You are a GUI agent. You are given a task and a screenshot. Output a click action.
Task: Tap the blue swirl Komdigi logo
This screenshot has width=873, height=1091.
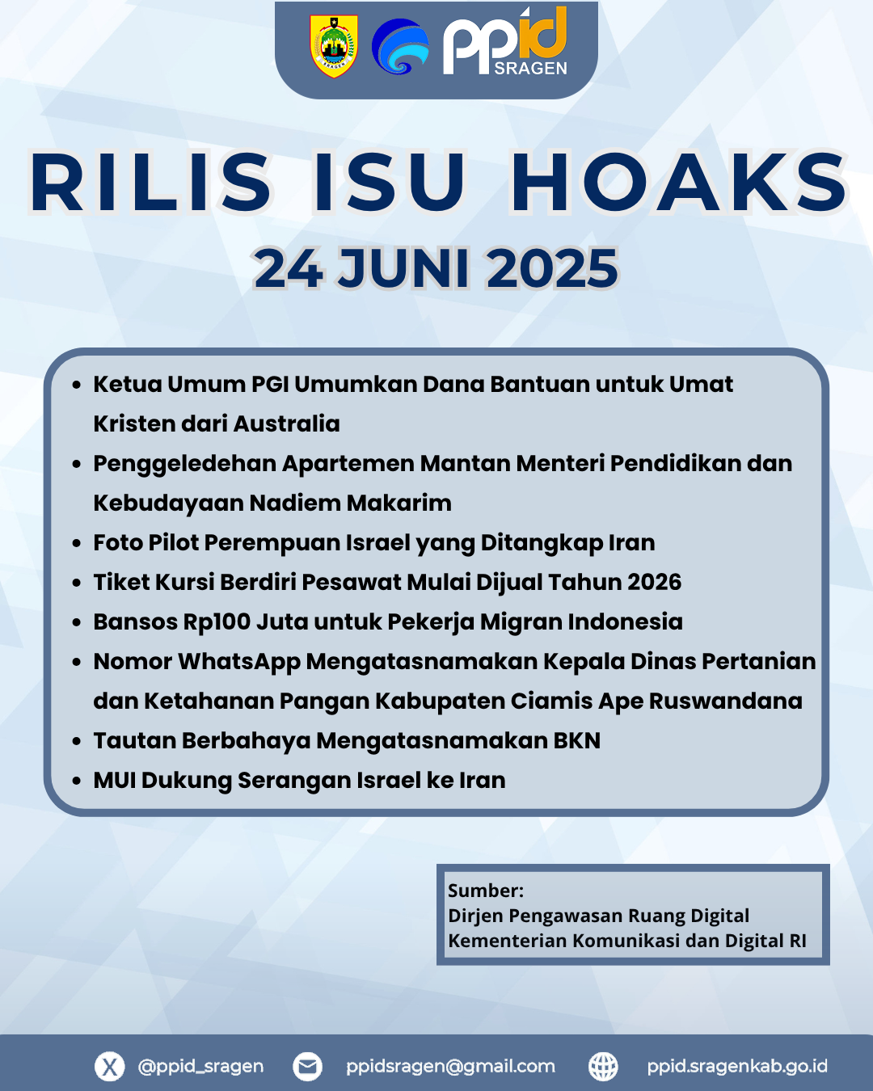click(400, 47)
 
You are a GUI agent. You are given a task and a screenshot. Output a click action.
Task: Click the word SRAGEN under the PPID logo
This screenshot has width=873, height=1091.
click(530, 69)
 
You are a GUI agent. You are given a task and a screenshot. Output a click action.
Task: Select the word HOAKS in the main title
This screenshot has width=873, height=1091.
click(679, 182)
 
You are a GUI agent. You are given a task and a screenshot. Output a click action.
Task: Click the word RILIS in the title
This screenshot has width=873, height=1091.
click(150, 182)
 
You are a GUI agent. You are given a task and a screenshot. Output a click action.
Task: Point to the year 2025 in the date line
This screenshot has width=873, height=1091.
click(552, 268)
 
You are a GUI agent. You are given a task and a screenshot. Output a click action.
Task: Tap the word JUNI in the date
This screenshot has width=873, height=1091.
click(404, 268)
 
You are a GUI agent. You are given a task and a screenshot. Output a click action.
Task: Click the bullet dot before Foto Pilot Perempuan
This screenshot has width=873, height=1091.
click(77, 543)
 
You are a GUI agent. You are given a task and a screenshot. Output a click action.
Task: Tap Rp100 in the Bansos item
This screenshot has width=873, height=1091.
click(217, 621)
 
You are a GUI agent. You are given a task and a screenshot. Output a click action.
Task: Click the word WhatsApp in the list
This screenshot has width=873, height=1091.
click(239, 662)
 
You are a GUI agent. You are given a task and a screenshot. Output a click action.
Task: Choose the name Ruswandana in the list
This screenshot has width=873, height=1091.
click(725, 701)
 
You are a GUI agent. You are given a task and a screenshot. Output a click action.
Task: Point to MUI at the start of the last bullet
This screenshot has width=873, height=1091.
click(115, 780)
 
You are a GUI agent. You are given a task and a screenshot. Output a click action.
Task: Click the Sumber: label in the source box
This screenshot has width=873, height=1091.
click(486, 891)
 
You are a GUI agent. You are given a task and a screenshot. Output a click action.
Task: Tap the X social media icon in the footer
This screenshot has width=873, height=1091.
click(110, 1066)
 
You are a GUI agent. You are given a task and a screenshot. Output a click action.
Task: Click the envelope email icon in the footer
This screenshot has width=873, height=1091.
click(307, 1066)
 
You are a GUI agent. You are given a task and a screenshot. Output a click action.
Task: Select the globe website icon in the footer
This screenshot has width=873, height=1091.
click(603, 1066)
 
